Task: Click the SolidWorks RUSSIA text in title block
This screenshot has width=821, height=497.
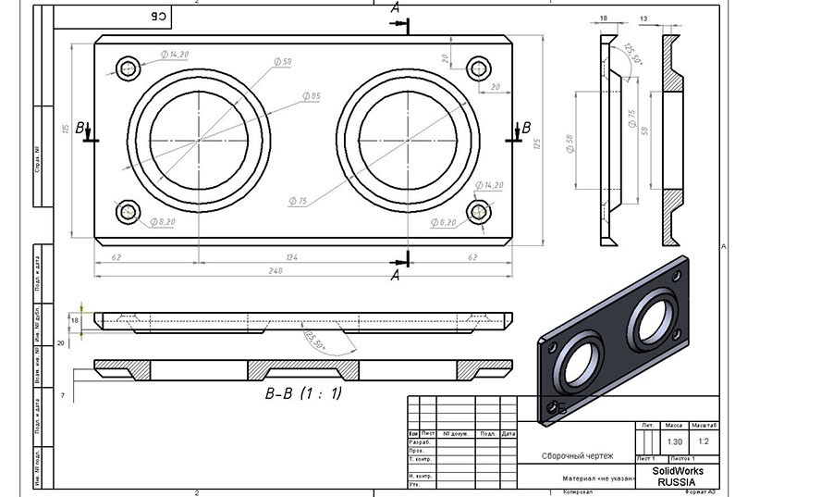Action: (677, 476)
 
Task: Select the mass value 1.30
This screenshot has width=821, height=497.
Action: (674, 441)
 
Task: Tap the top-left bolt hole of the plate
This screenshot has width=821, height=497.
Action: (128, 66)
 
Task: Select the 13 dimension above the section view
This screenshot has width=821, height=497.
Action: (668, 17)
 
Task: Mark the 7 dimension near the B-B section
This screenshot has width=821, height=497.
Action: (63, 395)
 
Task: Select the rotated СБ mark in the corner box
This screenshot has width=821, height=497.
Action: (159, 16)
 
